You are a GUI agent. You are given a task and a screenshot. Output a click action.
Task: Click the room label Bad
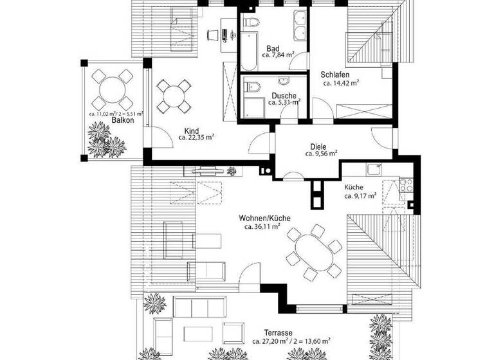272,48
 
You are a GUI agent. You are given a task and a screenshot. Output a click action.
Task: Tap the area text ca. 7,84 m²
278,55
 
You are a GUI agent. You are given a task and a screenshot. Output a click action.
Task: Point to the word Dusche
274,95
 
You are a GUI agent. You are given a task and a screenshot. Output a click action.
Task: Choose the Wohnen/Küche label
264,219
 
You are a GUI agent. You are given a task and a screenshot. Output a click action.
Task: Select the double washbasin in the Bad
299,24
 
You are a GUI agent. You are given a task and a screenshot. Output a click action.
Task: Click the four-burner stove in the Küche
405,187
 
